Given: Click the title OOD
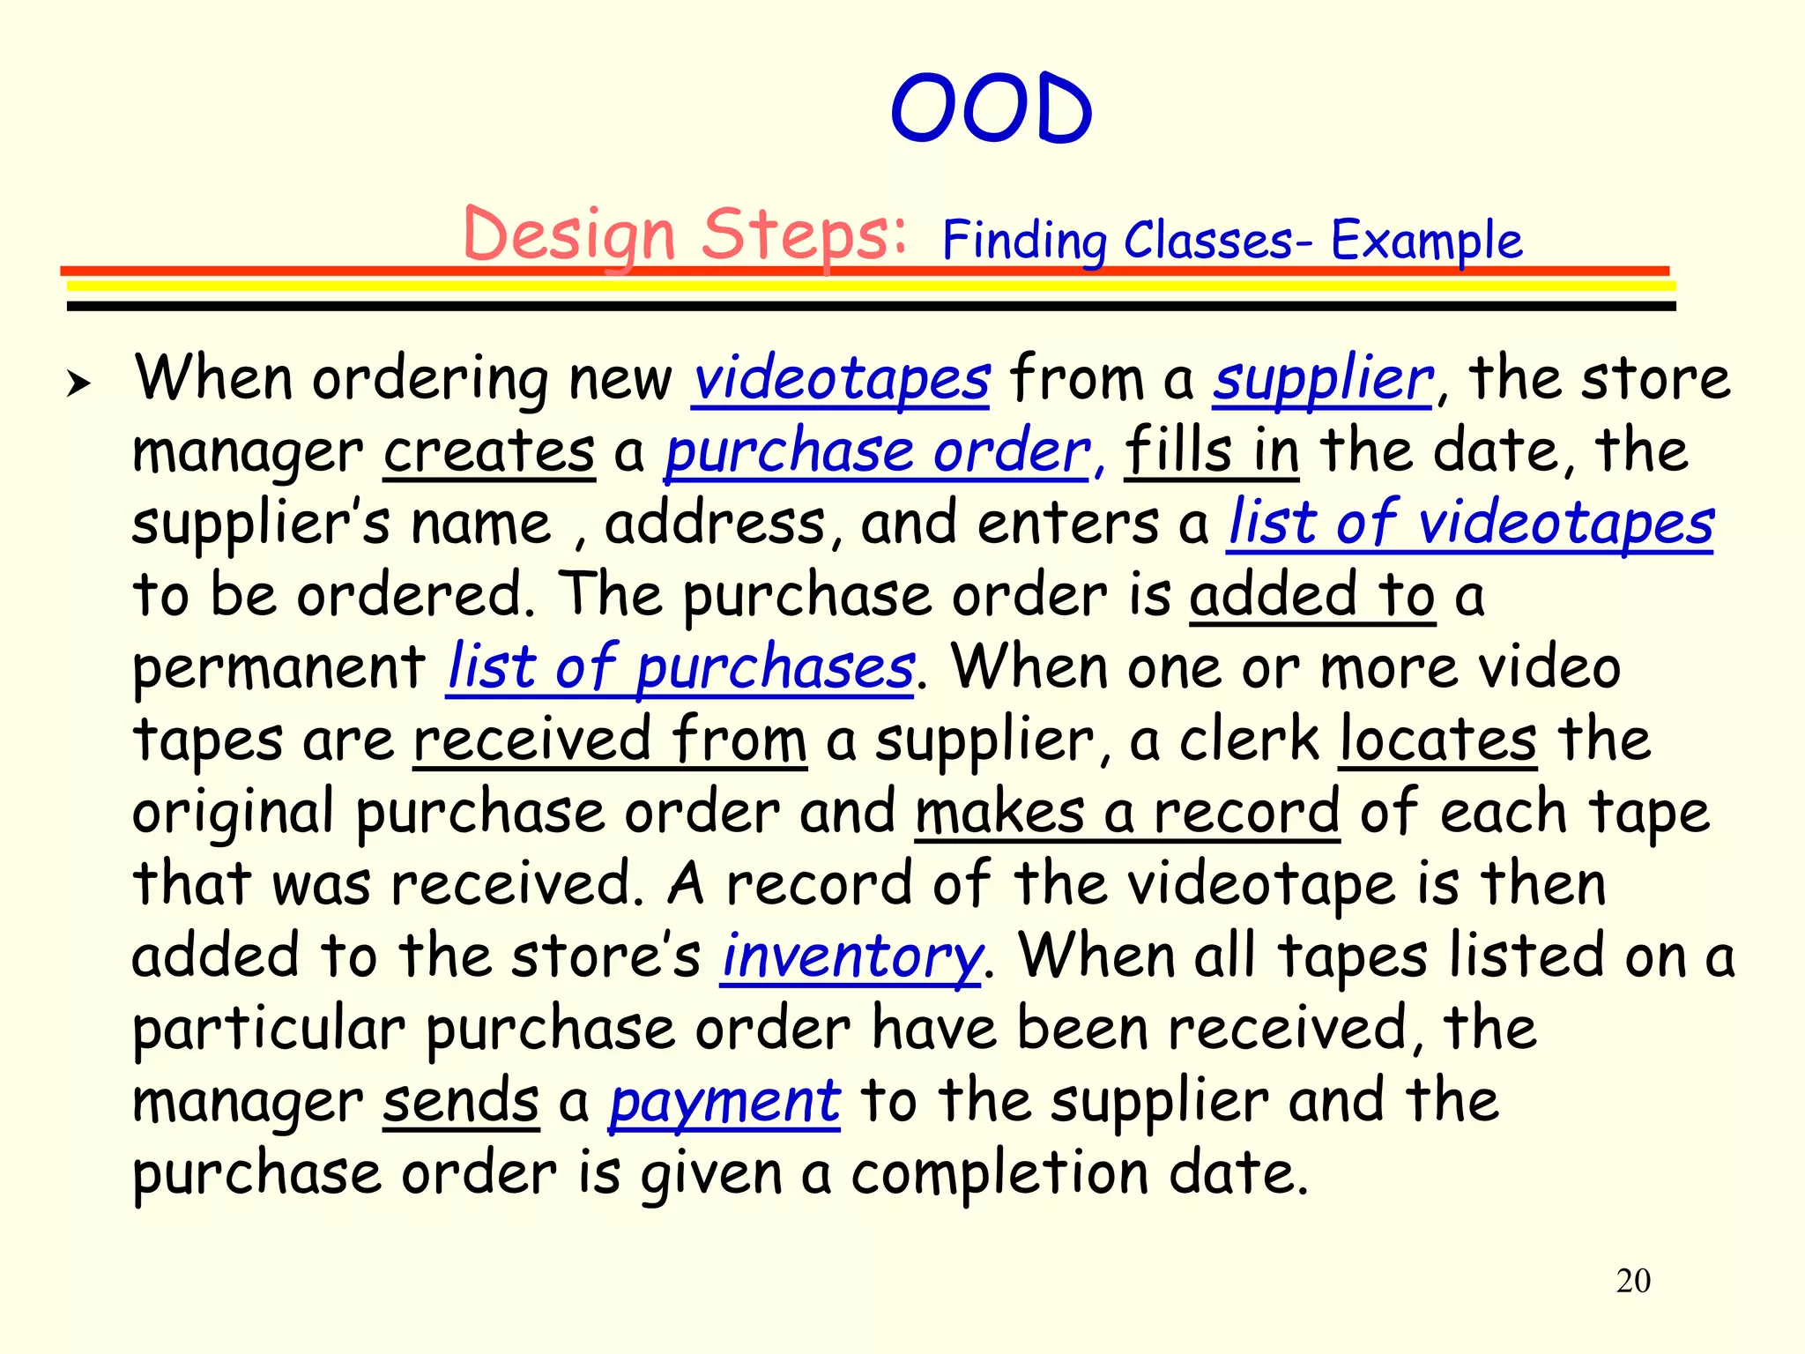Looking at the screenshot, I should click(x=992, y=109).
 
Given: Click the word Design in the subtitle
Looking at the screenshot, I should click(x=568, y=235).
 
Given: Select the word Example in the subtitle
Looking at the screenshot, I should click(x=1426, y=240).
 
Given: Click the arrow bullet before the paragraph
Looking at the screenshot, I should click(x=78, y=383).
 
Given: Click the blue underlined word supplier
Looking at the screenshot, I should click(x=1322, y=380).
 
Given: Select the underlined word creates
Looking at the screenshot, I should click(x=489, y=452).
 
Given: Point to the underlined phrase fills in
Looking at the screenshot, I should click(x=1211, y=452).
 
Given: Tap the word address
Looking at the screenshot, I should click(x=715, y=524).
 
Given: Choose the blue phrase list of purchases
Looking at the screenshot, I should click(x=680, y=667).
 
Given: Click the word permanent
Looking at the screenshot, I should click(x=279, y=669).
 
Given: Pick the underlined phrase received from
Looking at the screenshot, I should click(x=610, y=740).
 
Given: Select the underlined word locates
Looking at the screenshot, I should click(x=1437, y=740).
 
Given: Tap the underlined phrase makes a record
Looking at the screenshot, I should click(x=1127, y=813).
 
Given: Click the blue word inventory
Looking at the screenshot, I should click(x=851, y=958).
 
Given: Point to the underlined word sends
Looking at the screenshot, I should click(x=461, y=1102).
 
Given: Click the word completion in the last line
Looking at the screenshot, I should click(x=999, y=1175).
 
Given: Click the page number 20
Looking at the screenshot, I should click(x=1632, y=1281).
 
